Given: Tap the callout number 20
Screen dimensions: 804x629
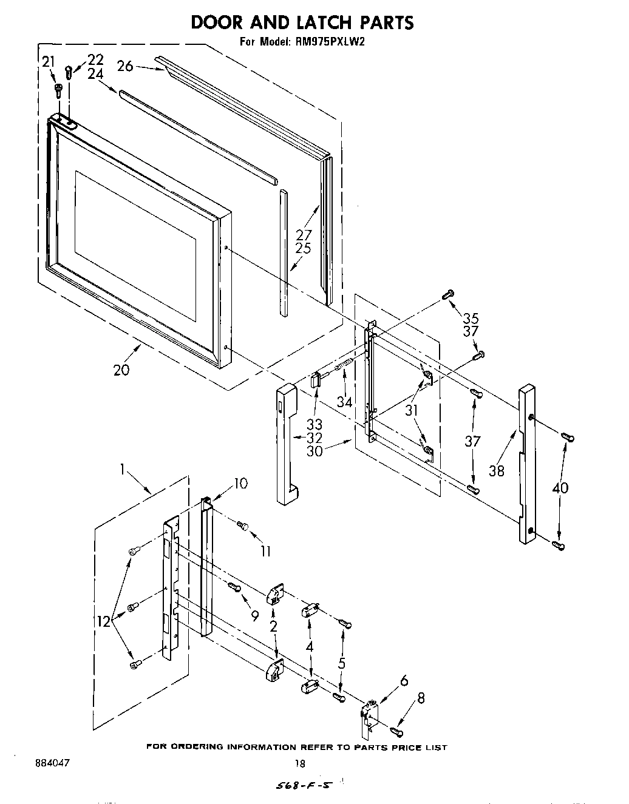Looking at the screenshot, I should pos(121,369).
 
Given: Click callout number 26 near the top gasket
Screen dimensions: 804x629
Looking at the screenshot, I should pos(125,66).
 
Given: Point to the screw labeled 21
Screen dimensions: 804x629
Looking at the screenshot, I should pos(58,90).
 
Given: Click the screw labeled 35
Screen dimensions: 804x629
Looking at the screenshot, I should pos(448,295).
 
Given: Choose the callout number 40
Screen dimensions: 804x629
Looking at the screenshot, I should pos(560,487).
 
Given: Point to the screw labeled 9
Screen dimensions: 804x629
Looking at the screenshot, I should pos(234,586).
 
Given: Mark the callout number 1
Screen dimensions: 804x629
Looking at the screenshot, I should pos(123,468).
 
